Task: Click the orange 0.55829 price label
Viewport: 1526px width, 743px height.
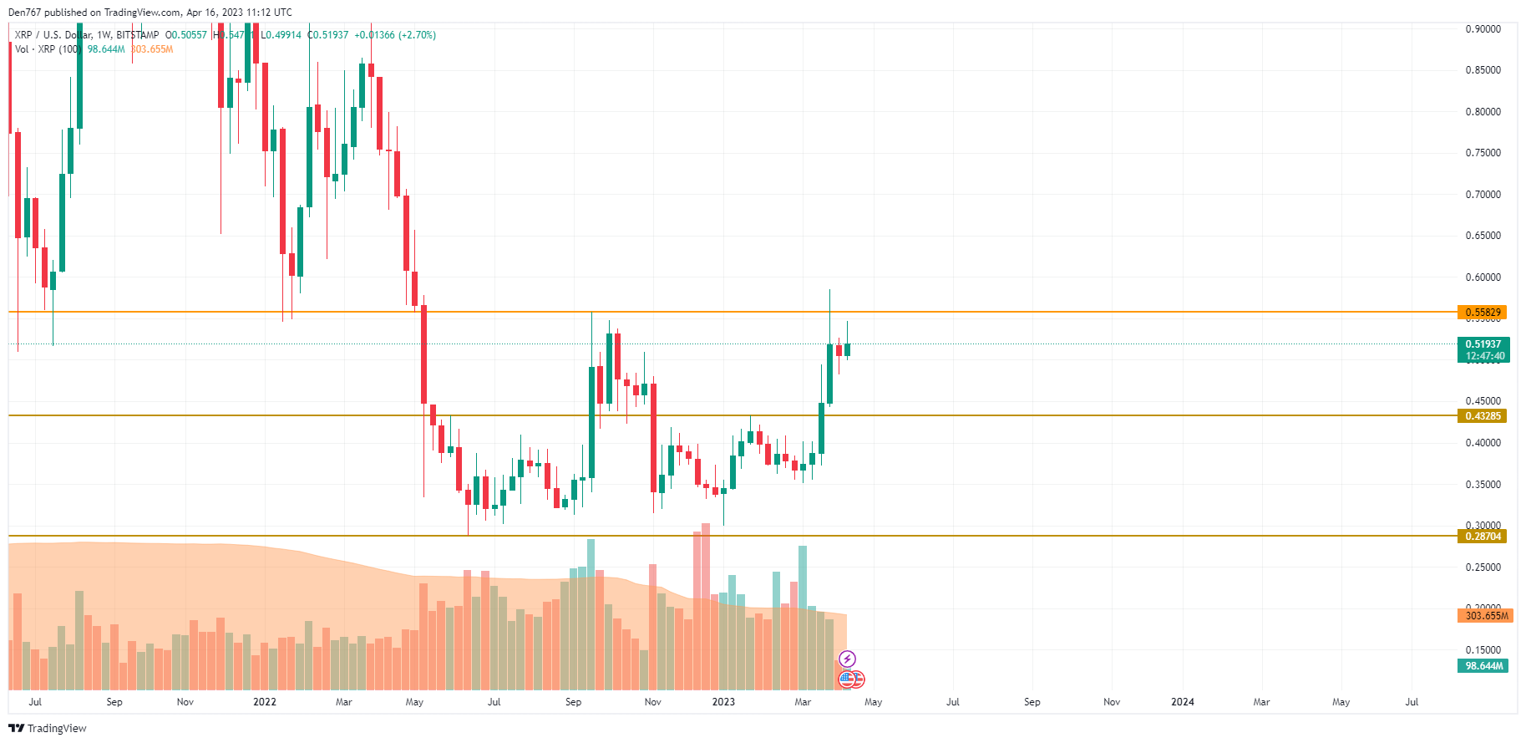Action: pos(1483,313)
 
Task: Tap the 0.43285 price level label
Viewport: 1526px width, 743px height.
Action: pos(1483,416)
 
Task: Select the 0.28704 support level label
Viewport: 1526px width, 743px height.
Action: pos(1483,537)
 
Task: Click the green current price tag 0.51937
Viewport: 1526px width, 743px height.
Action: pos(1483,344)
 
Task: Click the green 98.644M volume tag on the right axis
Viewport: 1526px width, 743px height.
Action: pos(1483,666)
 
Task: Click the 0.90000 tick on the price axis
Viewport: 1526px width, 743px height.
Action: pos(1483,29)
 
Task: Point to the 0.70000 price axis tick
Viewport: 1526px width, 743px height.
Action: pos(1483,195)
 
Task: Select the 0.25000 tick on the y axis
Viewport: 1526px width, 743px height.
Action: pos(1483,567)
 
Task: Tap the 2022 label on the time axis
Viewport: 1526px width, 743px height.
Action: pos(264,702)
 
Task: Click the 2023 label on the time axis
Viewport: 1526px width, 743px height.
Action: pos(723,702)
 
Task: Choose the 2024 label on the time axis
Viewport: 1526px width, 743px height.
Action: pos(1182,702)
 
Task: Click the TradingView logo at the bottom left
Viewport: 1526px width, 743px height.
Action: pos(48,728)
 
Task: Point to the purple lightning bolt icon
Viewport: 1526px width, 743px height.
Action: pos(847,659)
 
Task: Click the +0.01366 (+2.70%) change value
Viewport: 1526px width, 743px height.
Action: pos(395,35)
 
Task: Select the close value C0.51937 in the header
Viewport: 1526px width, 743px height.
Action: pos(328,35)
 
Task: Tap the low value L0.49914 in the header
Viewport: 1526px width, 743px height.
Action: pos(281,35)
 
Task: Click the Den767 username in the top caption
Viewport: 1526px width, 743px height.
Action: pos(24,13)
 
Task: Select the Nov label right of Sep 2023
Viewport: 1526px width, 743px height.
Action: pos(1111,702)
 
